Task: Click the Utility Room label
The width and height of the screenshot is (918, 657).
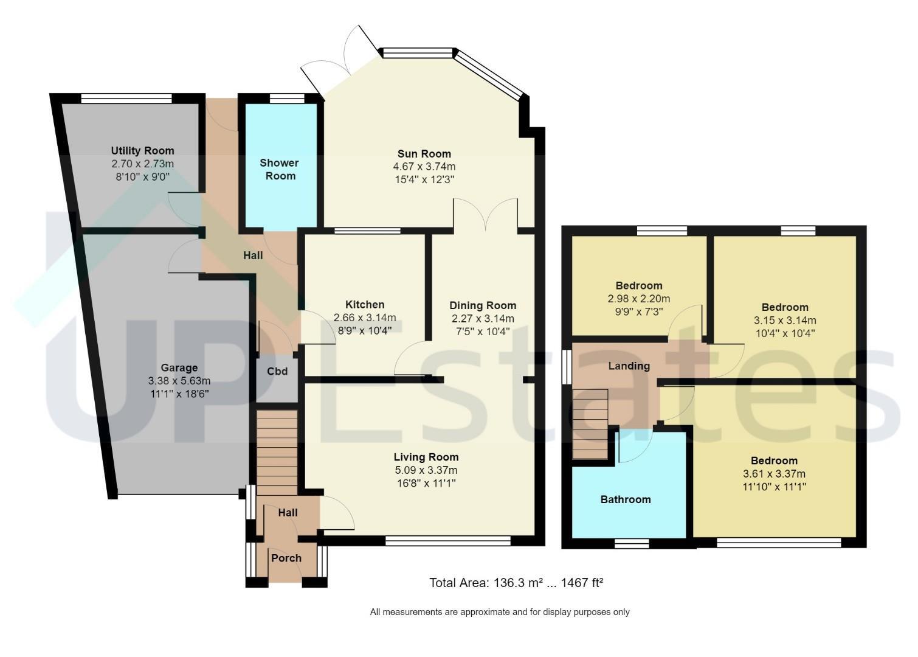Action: pyautogui.click(x=143, y=151)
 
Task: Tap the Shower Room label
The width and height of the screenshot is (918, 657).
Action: pyautogui.click(x=280, y=169)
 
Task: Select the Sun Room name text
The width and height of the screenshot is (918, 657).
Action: pyautogui.click(x=424, y=154)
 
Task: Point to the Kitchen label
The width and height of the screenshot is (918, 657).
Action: pyautogui.click(x=365, y=305)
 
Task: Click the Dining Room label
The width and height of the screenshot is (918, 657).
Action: pyautogui.click(x=483, y=305)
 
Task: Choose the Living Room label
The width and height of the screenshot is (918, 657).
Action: pyautogui.click(x=426, y=457)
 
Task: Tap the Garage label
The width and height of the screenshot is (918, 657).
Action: pyautogui.click(x=179, y=368)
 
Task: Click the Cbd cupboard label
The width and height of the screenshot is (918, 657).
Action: pyautogui.click(x=277, y=372)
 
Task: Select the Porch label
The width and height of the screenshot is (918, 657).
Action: pyautogui.click(x=286, y=558)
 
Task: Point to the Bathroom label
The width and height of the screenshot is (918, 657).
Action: pyautogui.click(x=626, y=499)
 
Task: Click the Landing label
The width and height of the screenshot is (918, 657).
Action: pyautogui.click(x=629, y=366)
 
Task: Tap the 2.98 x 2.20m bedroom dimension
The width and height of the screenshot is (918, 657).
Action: pyautogui.click(x=639, y=299)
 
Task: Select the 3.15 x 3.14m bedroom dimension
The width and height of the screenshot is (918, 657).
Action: pyautogui.click(x=785, y=321)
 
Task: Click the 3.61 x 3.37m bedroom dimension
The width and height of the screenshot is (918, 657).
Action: pyautogui.click(x=774, y=474)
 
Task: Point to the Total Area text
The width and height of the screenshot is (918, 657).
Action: pyautogui.click(x=516, y=583)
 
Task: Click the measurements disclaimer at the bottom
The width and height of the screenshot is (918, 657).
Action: pyautogui.click(x=500, y=613)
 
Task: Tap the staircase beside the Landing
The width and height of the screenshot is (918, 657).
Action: pyautogui.click(x=590, y=424)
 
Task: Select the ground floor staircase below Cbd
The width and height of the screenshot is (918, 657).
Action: pyautogui.click(x=277, y=453)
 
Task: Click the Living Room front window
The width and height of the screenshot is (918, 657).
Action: pyautogui.click(x=448, y=541)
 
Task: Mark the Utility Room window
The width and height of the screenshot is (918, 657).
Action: pyautogui.click(x=126, y=99)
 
